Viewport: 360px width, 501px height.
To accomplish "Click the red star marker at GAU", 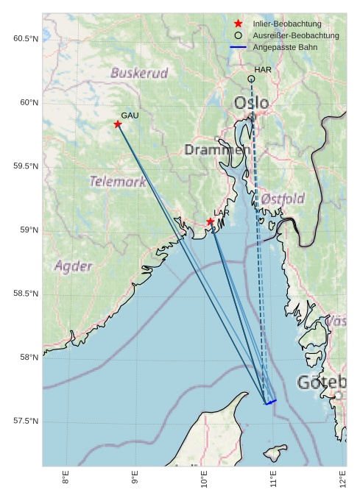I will pyautogui.click(x=118, y=124).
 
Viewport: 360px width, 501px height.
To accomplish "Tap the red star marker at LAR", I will pyautogui.click(x=211, y=221).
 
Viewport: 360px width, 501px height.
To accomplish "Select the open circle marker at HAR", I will pyautogui.click(x=252, y=79).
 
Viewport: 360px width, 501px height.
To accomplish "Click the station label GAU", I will pyautogui.click(x=130, y=116).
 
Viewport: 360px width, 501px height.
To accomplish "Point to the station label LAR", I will pyautogui.click(x=222, y=213).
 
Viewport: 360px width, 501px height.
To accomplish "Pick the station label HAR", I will pyautogui.click(x=263, y=70).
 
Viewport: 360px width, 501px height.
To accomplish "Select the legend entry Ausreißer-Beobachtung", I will pyautogui.click(x=295, y=35).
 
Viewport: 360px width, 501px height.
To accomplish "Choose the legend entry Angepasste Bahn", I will pyautogui.click(x=286, y=47).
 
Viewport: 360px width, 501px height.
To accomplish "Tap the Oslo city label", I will pyautogui.click(x=251, y=102).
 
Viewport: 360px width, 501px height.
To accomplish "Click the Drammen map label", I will pyautogui.click(x=217, y=150).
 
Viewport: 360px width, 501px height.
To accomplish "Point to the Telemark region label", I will pyautogui.click(x=118, y=181).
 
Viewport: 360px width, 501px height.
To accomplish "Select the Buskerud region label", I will pyautogui.click(x=139, y=73).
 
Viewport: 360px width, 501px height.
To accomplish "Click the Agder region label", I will pyautogui.click(x=74, y=266).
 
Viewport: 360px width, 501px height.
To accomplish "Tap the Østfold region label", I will pyautogui.click(x=283, y=199).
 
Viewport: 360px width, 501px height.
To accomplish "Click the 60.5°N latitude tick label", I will pyautogui.click(x=26, y=38).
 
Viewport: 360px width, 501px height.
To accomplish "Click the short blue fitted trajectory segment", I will pyautogui.click(x=271, y=402).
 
